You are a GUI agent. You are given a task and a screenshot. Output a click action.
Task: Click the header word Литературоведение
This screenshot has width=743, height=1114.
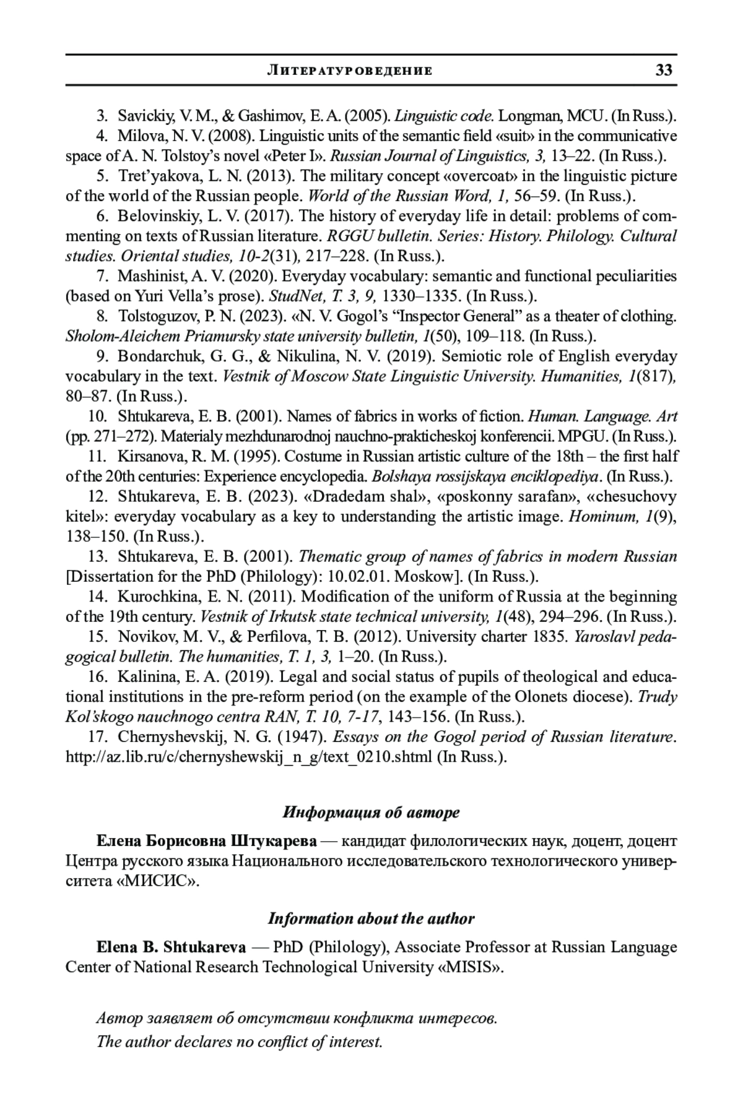(349, 71)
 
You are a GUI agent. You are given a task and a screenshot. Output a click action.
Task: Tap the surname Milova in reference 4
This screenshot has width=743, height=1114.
(137, 136)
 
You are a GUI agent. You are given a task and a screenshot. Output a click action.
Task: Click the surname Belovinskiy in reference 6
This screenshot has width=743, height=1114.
(152, 216)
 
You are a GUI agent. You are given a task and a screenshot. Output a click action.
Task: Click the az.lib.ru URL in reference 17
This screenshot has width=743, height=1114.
(249, 757)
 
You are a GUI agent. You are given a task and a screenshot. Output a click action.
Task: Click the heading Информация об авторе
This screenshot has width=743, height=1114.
(371, 812)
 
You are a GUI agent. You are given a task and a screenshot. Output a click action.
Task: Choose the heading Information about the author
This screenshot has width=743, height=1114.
(371, 918)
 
